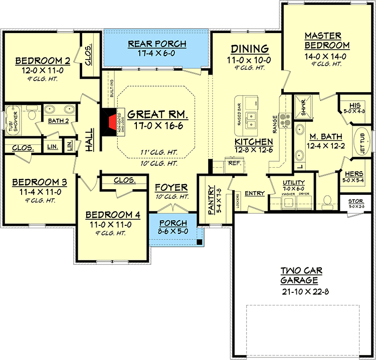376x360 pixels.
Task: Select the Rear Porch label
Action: tap(157, 44)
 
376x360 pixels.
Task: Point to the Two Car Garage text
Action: tap(301, 276)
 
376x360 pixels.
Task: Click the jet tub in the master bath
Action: tap(362, 141)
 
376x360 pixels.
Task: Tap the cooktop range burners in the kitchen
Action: tap(285, 120)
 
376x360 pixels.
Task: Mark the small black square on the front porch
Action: tap(200, 242)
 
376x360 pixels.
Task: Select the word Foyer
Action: tap(171, 187)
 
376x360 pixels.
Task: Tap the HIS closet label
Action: tap(354, 105)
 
